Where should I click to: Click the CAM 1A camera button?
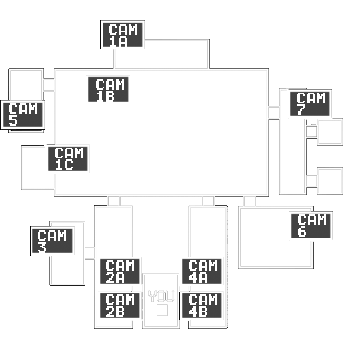coord(122,34)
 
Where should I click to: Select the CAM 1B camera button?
coord(108,89)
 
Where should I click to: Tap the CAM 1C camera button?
coord(67,158)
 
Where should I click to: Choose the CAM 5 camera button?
coord(22,114)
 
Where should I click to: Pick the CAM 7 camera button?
coord(310,103)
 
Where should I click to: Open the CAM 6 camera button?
coord(310,226)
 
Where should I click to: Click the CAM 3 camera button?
coord(52,240)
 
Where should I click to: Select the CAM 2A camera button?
coord(120,271)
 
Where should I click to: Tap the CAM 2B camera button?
coord(120,305)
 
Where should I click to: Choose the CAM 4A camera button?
coord(202,271)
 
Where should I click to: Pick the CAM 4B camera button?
coord(202,305)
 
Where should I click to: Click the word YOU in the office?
coord(161,296)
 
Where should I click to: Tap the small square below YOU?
coord(162,310)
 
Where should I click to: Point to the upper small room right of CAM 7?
coord(329,131)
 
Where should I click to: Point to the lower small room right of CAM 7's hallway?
coord(329,181)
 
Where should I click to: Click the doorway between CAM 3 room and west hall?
coord(90,253)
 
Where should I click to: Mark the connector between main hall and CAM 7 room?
coord(274,112)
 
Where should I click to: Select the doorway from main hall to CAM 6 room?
coord(250,202)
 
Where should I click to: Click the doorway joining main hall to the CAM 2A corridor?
coord(113,202)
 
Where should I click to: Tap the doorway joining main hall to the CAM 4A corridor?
coord(208,202)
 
